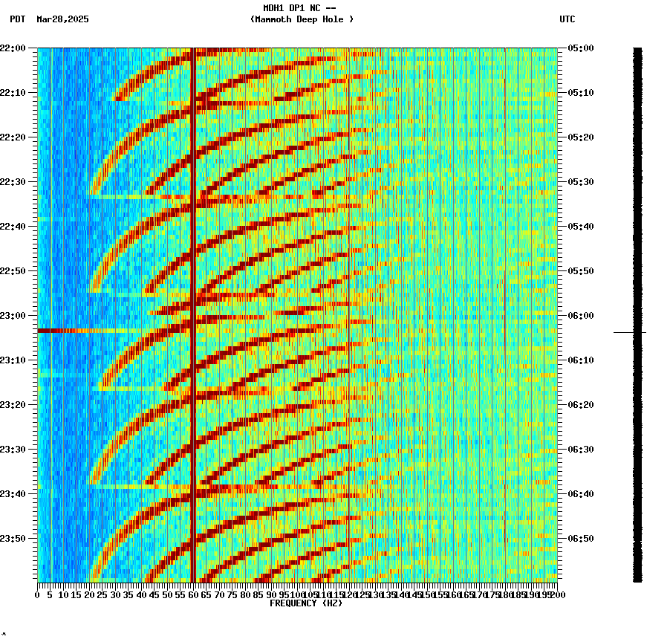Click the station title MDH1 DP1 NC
click(299, 8)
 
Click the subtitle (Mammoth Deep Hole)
click(302, 19)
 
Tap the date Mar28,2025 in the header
click(62, 19)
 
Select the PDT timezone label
click(18, 19)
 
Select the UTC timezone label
click(567, 19)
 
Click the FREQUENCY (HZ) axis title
click(305, 603)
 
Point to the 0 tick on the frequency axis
click(38, 594)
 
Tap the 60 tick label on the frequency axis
click(194, 594)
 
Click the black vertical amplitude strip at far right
click(637, 223)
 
